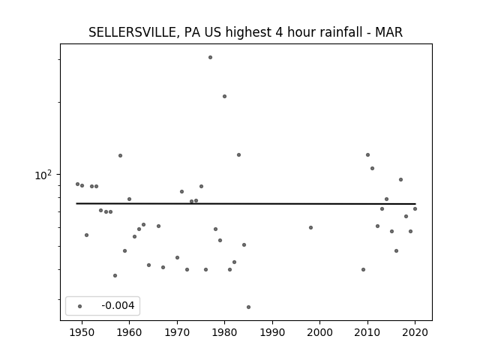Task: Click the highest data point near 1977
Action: [x=210, y=58]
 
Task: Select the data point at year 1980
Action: [x=225, y=97]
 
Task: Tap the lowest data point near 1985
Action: [x=248, y=307]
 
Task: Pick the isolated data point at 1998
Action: [x=310, y=228]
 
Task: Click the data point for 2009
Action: [x=363, y=270]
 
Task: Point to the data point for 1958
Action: [x=120, y=156]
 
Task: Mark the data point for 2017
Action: [x=400, y=180]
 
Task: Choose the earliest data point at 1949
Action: [x=77, y=184]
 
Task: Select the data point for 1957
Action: [x=115, y=276]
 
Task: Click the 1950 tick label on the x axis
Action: [x=82, y=332]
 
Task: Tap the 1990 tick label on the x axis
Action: [x=272, y=332]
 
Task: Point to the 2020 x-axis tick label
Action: [x=415, y=332]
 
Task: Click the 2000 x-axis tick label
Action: [x=320, y=332]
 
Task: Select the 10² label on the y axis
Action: [x=43, y=175]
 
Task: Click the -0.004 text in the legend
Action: [x=118, y=305]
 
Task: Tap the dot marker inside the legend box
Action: [x=80, y=307]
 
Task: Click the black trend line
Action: [x=246, y=203]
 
